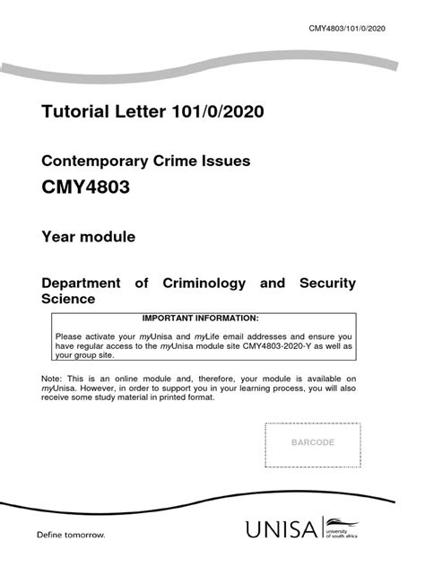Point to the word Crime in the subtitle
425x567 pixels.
coord(182,162)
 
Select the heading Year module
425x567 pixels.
coord(89,238)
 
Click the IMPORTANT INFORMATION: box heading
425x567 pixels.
coord(200,318)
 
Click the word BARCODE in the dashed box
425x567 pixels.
coord(312,443)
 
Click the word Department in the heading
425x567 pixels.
coord(82,283)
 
